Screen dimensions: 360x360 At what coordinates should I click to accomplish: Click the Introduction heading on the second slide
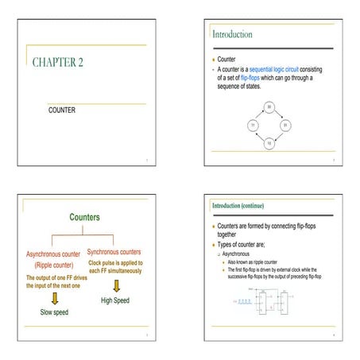click(232, 34)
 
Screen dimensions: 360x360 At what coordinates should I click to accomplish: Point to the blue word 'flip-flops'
click(253, 78)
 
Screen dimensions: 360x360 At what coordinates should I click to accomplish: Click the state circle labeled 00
click(269, 106)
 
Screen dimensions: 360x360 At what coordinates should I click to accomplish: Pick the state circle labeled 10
click(269, 143)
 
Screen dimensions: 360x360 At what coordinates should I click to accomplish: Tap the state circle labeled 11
click(252, 125)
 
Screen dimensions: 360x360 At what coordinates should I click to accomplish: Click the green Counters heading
click(84, 216)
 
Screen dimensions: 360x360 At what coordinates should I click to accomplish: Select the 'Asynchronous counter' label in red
click(49, 254)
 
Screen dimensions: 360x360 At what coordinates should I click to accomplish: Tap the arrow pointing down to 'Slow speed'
click(54, 298)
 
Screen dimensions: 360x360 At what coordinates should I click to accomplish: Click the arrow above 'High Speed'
click(115, 285)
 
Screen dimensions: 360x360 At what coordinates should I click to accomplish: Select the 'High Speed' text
click(115, 301)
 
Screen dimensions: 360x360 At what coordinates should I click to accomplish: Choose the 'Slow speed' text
click(54, 312)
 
